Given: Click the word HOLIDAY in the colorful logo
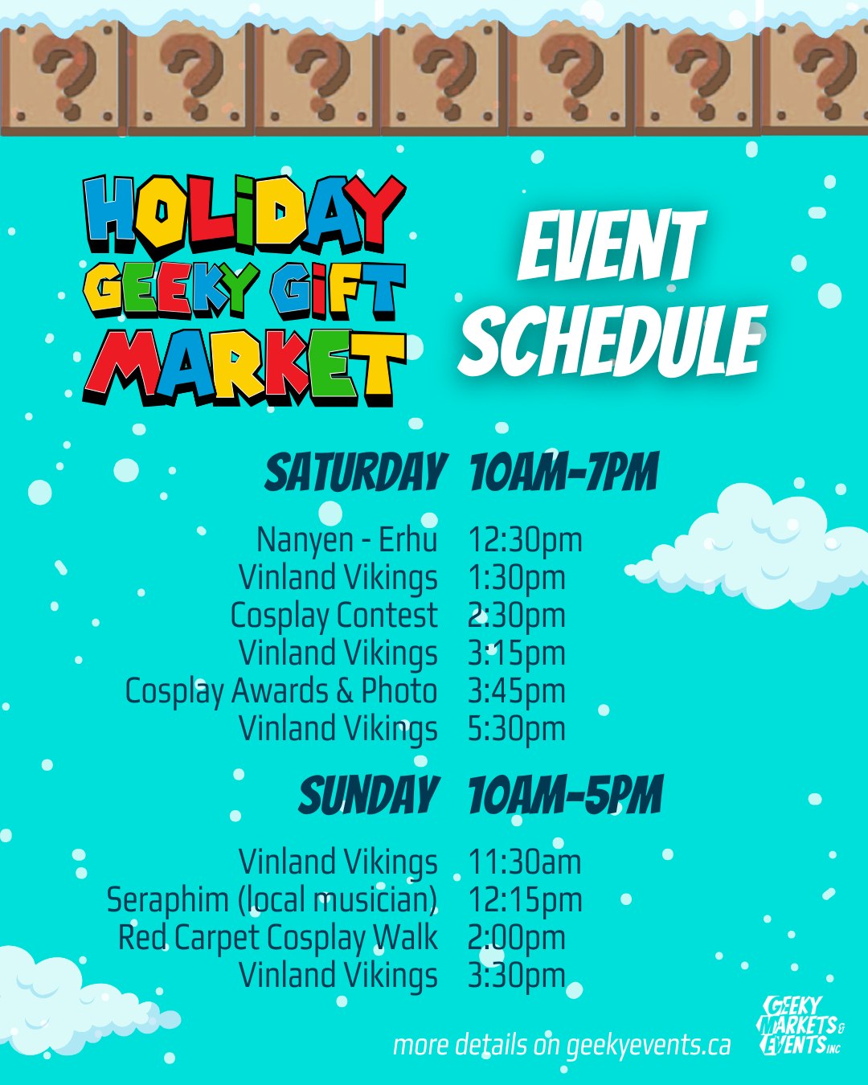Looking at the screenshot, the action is [x=244, y=215].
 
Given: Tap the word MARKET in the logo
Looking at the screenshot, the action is [x=246, y=367].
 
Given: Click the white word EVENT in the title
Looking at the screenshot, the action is [x=612, y=247].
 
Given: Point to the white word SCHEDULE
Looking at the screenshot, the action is [x=612, y=342].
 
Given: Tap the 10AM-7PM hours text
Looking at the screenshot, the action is [x=564, y=473].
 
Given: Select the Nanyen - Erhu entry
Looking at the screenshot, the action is [x=347, y=539].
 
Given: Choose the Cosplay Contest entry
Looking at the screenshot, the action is [x=334, y=616].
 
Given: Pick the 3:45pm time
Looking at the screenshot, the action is [x=517, y=692].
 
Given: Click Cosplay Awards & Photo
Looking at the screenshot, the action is [x=281, y=690].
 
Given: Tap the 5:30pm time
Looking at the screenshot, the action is [x=517, y=730].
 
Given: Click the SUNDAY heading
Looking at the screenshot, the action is [x=369, y=795].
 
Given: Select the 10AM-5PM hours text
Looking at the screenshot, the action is [x=565, y=795].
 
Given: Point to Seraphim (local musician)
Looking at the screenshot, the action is [x=272, y=900].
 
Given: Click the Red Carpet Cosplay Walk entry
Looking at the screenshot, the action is [x=278, y=938].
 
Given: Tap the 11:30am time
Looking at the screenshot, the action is [x=525, y=862].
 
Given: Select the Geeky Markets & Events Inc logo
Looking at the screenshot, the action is [x=802, y=1025].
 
